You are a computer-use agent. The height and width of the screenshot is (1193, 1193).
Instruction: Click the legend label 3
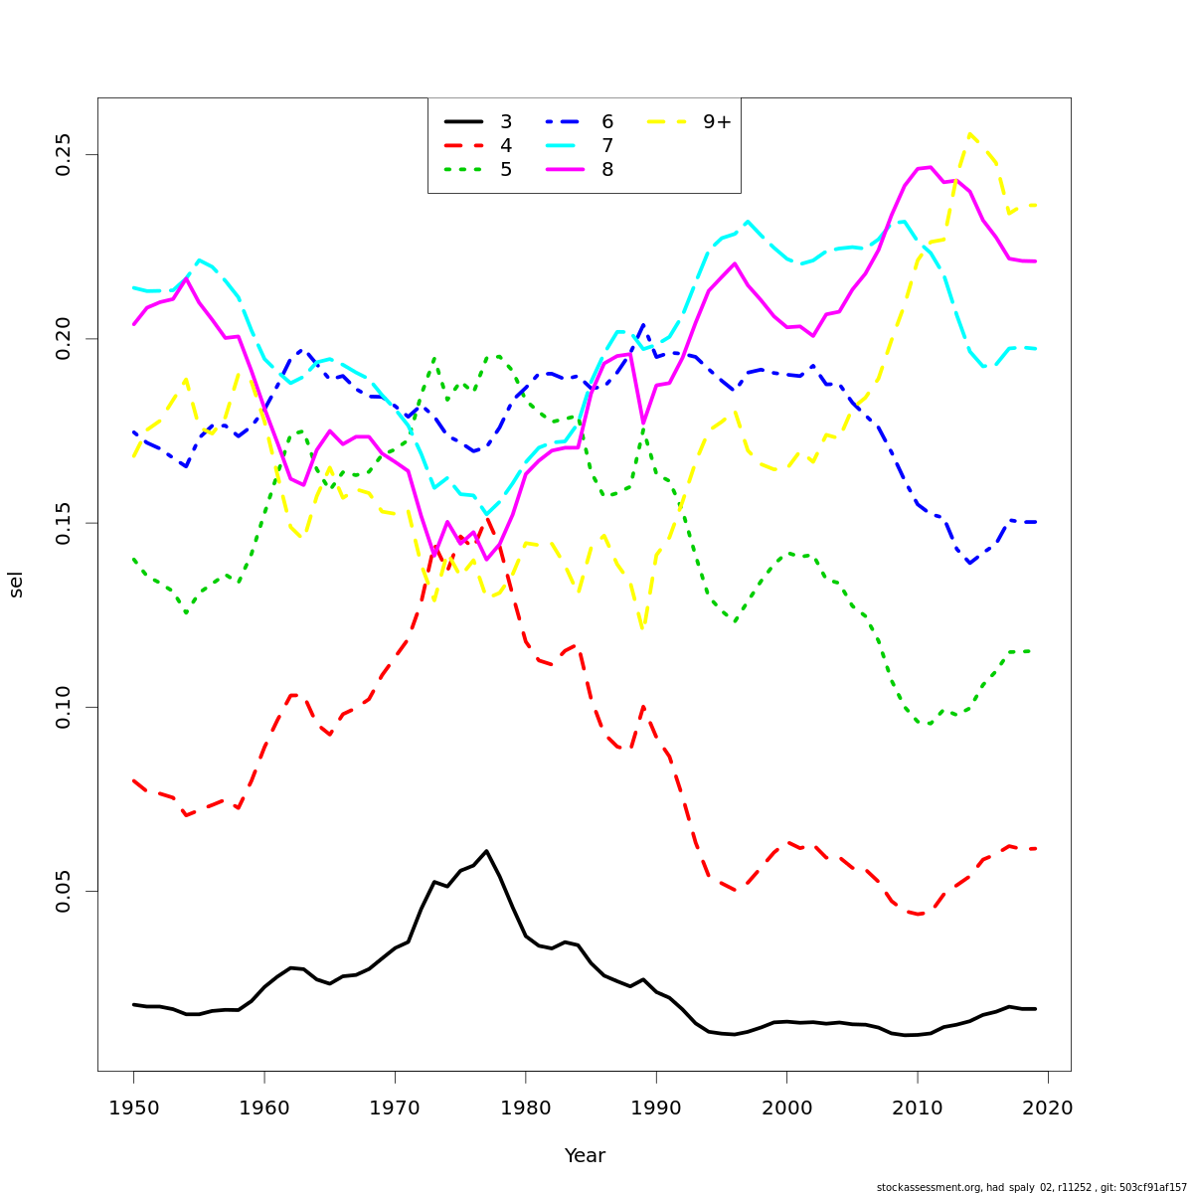point(506,122)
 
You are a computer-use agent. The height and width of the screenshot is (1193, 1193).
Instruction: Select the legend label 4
point(506,146)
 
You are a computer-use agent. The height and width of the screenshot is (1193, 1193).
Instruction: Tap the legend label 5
point(506,170)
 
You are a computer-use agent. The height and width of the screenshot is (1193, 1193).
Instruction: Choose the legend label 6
point(606,122)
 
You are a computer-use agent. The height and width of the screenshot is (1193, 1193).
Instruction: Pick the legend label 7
point(606,146)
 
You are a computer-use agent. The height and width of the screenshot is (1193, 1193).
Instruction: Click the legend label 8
point(606,170)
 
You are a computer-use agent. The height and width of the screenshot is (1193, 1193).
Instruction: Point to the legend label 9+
point(717,122)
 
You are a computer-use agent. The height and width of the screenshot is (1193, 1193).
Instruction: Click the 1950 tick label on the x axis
point(133,1108)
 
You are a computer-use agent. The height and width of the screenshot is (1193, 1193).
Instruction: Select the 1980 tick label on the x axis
point(526,1108)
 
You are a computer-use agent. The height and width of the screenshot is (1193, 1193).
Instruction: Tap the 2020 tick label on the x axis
point(1048,1108)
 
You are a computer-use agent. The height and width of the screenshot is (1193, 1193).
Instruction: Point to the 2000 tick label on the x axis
point(787,1108)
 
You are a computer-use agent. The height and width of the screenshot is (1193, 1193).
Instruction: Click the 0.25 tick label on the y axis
point(65,155)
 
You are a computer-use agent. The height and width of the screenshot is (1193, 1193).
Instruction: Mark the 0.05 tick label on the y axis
point(65,891)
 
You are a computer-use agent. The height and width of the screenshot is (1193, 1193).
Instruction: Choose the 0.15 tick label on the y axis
point(65,523)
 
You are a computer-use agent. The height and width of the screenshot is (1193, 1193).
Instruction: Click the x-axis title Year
point(585,1156)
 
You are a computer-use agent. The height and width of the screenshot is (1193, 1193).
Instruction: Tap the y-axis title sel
point(16,585)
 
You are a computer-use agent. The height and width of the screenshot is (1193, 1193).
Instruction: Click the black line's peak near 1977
point(486,851)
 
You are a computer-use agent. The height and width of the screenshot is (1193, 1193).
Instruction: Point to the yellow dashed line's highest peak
point(969,133)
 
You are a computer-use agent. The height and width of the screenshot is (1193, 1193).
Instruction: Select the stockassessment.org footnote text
point(1031,1187)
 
